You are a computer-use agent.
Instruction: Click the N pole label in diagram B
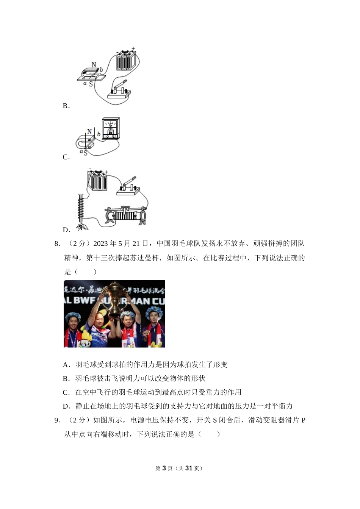click(94, 65)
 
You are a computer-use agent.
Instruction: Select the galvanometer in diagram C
click(111, 128)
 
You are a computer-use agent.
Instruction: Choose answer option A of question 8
click(66, 365)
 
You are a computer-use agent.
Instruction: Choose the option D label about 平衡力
click(66, 406)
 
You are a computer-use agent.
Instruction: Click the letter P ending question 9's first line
click(303, 420)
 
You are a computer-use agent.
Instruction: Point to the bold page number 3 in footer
click(164, 468)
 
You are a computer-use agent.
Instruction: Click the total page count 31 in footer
click(189, 468)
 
